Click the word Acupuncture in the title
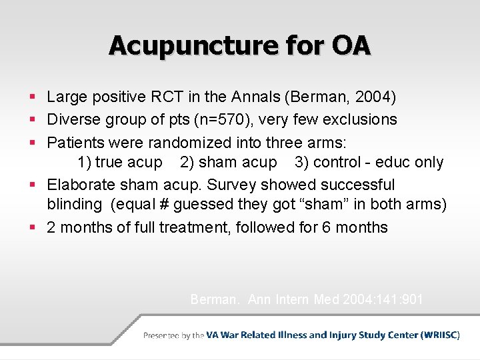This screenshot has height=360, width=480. [x=182, y=45]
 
